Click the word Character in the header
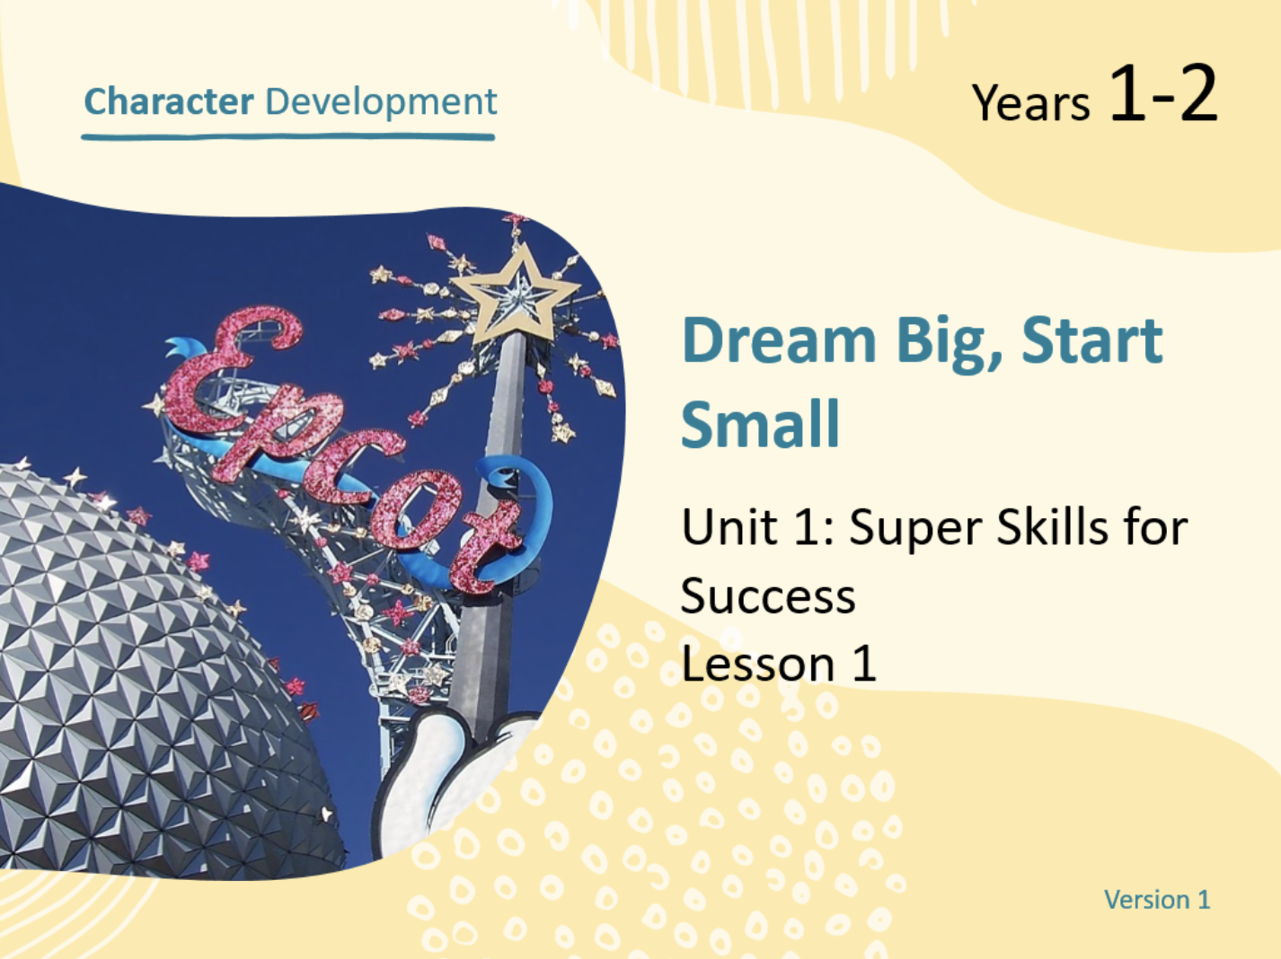click(x=169, y=101)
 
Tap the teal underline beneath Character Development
click(x=287, y=137)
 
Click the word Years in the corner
click(x=1030, y=102)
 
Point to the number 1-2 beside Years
click(x=1163, y=92)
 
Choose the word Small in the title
click(x=760, y=423)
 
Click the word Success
click(x=768, y=597)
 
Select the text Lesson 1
click(x=779, y=664)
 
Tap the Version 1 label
click(x=1157, y=900)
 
